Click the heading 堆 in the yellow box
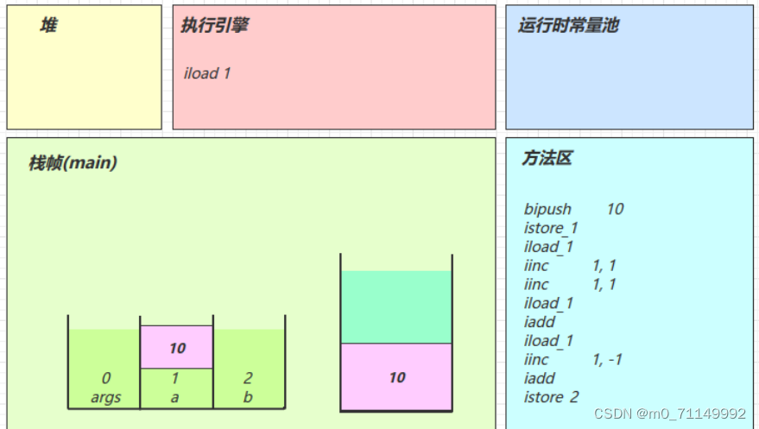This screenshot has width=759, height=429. [x=48, y=26]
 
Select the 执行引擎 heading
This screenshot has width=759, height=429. [x=214, y=26]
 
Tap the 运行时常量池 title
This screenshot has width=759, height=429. [x=568, y=26]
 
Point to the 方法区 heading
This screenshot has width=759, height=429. [x=547, y=159]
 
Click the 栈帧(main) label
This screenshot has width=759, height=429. [x=73, y=162]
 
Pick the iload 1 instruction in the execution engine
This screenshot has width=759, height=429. [x=207, y=73]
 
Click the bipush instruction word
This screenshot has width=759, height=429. [x=547, y=209]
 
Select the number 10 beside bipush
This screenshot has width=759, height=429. [x=615, y=209]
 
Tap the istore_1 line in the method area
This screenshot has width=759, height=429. [x=551, y=228]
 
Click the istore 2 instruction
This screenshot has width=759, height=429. [x=551, y=397]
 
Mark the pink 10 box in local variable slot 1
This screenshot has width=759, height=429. [x=177, y=348]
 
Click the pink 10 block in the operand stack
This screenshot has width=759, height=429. [x=396, y=377]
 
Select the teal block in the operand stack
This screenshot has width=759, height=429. [x=396, y=307]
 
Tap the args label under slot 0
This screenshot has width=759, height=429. [x=105, y=398]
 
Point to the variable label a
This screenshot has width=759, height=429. [x=175, y=398]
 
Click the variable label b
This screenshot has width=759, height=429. [x=248, y=398]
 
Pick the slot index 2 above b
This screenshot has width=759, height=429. [x=248, y=378]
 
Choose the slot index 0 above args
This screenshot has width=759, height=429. [x=105, y=378]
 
